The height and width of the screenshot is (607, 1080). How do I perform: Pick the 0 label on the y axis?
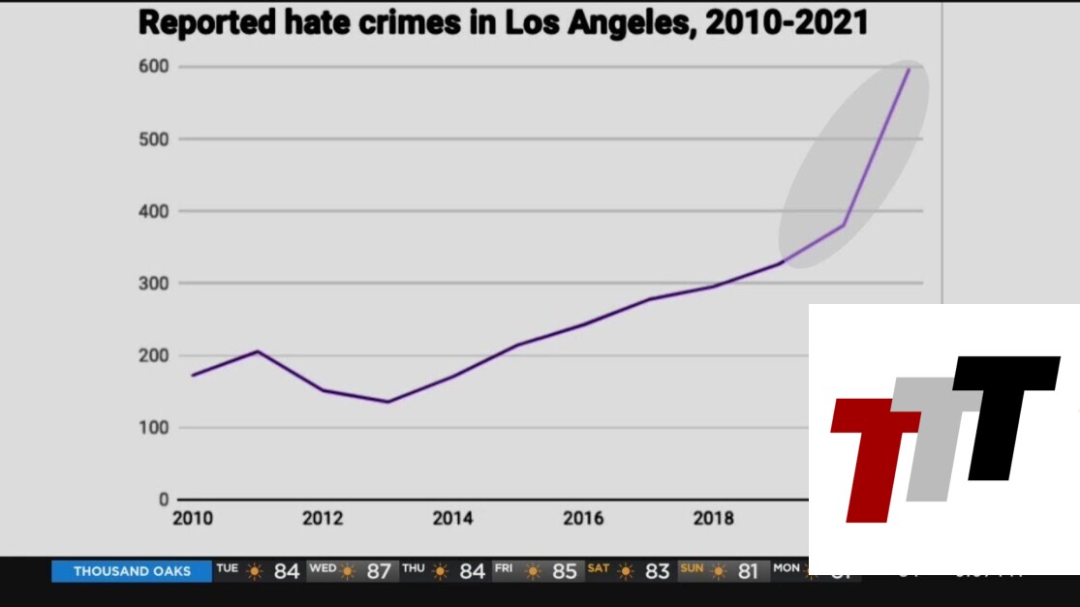coord(164,500)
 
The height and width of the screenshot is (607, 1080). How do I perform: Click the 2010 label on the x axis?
coord(192,519)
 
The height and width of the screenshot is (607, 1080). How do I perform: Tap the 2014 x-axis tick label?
coord(453,519)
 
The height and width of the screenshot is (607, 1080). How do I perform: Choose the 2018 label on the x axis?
coord(714,519)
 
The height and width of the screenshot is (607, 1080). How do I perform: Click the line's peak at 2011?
coord(258,351)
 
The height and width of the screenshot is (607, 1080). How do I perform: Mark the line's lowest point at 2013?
coord(387,402)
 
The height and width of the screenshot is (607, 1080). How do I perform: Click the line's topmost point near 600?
coord(909,69)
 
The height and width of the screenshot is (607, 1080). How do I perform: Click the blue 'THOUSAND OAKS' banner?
coord(132,571)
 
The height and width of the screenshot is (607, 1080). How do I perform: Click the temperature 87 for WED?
coord(379,571)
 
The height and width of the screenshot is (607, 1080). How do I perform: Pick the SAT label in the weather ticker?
coord(599,568)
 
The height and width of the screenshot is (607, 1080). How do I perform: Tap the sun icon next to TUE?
coord(254,571)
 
